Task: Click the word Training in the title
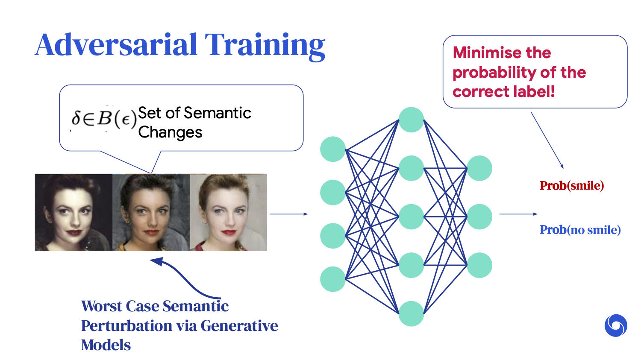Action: (265, 47)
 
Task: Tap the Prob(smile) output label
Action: (572, 186)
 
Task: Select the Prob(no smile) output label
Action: (580, 230)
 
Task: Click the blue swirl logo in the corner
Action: (616, 325)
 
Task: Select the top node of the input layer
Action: (333, 149)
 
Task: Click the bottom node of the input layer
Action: (333, 279)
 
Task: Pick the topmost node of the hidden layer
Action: (411, 120)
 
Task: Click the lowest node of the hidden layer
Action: (411, 314)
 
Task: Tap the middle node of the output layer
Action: (479, 217)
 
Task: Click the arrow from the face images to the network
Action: (289, 214)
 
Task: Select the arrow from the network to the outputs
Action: (518, 214)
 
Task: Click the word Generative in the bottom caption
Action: (239, 326)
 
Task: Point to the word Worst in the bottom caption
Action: (102, 306)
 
